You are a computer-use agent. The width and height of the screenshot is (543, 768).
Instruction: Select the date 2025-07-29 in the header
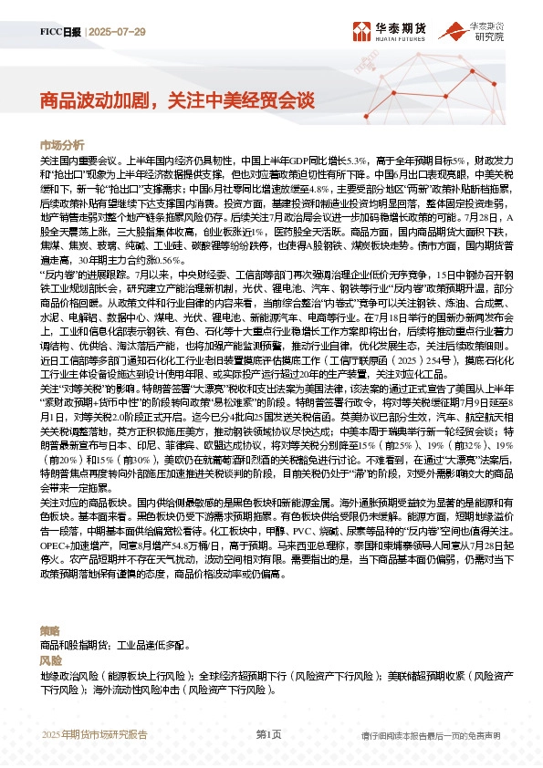click(x=118, y=31)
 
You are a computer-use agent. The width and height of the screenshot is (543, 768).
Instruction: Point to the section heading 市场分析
click(x=62, y=145)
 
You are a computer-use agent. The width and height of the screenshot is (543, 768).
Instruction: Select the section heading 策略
click(x=50, y=630)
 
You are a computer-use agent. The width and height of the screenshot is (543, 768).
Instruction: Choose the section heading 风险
click(x=50, y=659)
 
